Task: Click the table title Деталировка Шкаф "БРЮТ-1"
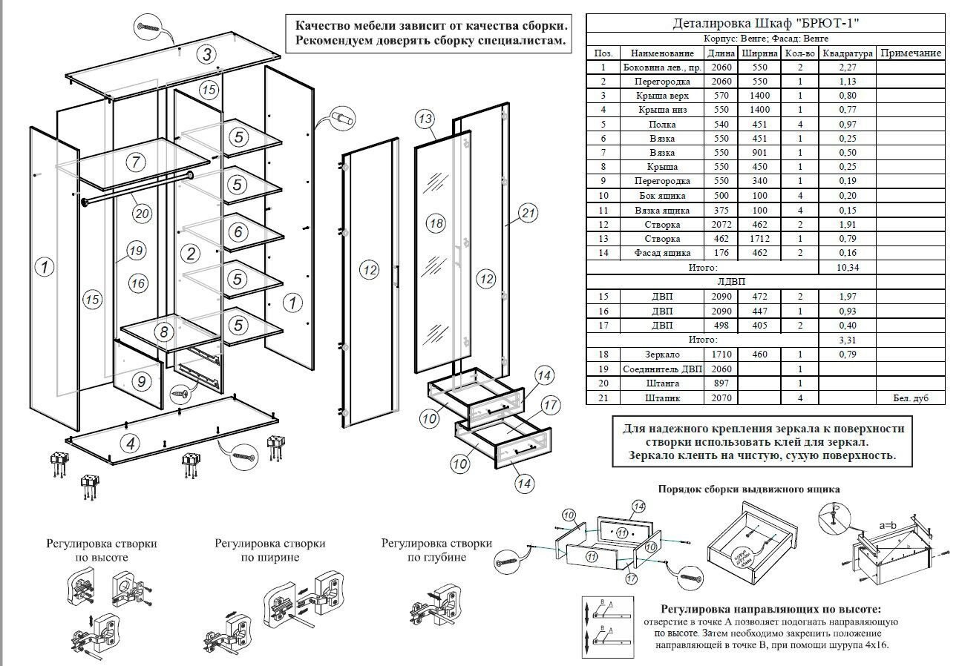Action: pyautogui.click(x=765, y=23)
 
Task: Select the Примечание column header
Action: pyautogui.click(x=910, y=53)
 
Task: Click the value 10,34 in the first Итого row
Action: pyautogui.click(x=847, y=267)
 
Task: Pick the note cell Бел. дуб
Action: pyautogui.click(x=910, y=398)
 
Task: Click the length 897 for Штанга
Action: pyautogui.click(x=721, y=383)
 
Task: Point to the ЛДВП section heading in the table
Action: pyautogui.click(x=731, y=282)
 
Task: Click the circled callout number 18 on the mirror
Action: pyautogui.click(x=436, y=223)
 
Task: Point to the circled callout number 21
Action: pyautogui.click(x=528, y=214)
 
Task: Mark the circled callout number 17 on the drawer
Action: pyautogui.click(x=549, y=405)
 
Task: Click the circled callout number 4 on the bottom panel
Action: pyautogui.click(x=131, y=444)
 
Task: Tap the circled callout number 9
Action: pyautogui.click(x=141, y=382)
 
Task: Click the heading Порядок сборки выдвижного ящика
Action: pyautogui.click(x=749, y=489)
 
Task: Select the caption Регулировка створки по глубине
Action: pyautogui.click(x=436, y=550)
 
